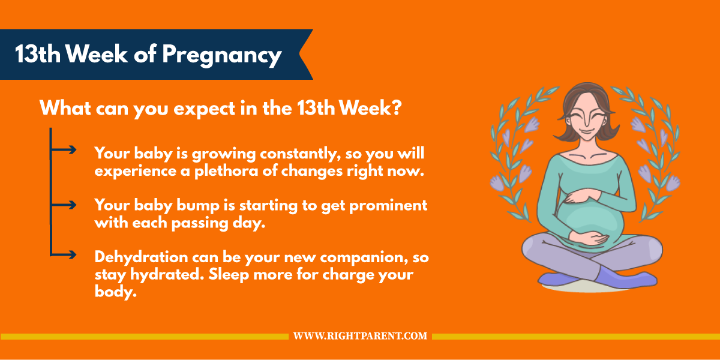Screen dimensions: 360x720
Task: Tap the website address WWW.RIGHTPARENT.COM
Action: [x=360, y=336]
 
